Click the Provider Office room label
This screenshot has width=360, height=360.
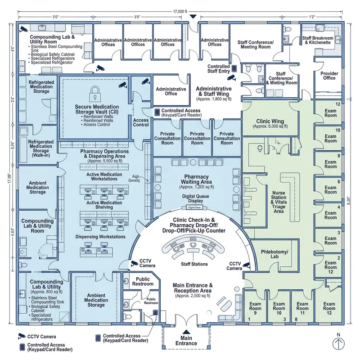329,75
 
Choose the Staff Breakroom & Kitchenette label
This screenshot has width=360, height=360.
317,41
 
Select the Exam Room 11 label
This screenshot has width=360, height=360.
302,309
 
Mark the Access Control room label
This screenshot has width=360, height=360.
141,122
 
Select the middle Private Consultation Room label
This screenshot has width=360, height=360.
197,138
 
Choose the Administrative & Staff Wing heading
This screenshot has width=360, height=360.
214,92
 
